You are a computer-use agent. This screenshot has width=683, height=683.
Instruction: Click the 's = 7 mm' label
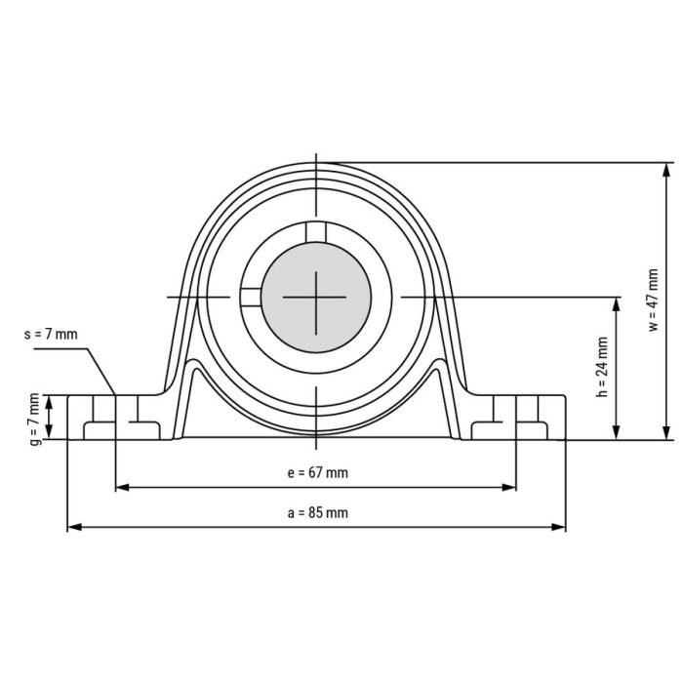tap(50, 334)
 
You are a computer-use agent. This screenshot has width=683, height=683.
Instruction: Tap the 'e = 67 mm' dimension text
tap(317, 473)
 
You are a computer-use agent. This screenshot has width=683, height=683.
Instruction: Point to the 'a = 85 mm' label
tap(317, 512)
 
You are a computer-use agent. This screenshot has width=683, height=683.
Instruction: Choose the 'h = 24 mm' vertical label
tap(601, 368)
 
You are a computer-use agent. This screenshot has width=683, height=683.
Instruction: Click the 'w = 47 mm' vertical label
tap(653, 301)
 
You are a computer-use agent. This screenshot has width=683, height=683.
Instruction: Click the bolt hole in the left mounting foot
tap(116, 418)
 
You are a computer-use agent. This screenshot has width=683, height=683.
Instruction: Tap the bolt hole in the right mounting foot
tap(516, 418)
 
